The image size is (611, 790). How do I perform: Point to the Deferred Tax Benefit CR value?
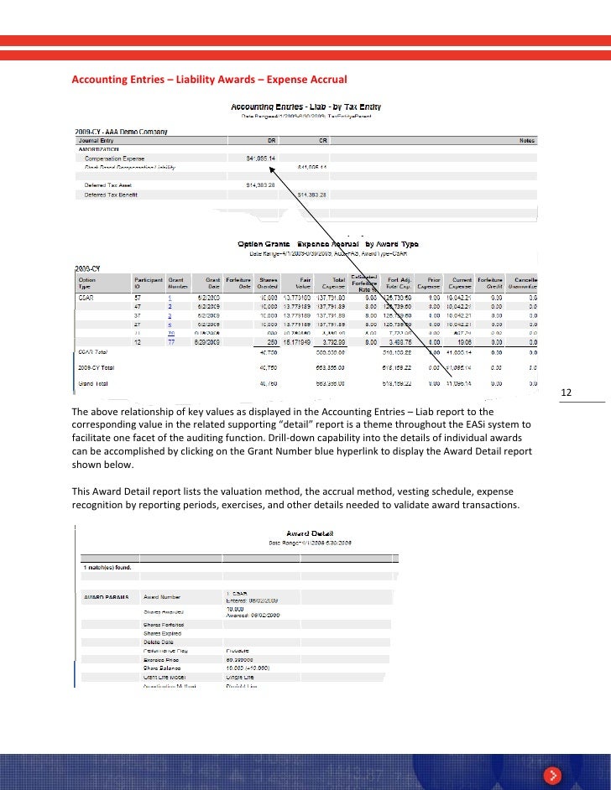tap(313, 194)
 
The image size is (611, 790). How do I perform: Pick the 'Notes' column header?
tap(527, 140)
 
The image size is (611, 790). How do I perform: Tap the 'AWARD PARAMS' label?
tap(105, 597)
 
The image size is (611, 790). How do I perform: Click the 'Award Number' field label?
tap(163, 597)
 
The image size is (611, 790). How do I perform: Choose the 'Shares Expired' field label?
tap(163, 633)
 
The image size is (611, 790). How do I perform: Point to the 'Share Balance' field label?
tap(163, 668)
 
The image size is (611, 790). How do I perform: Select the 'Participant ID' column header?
tap(142, 283)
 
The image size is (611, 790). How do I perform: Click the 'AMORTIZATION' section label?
tap(99, 148)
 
